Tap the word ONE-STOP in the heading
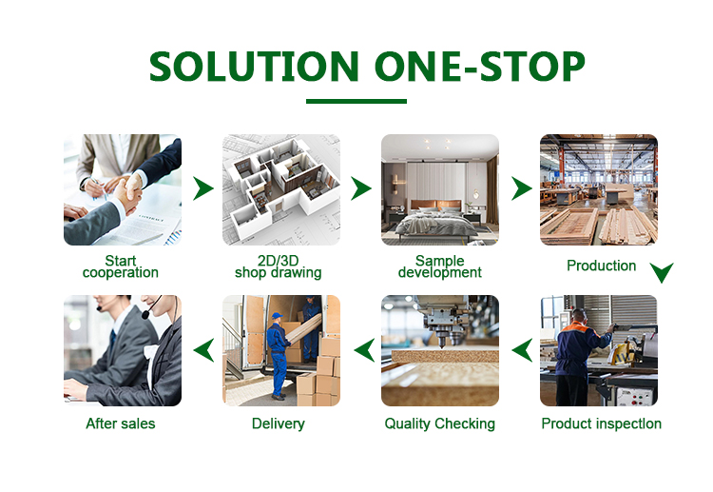pyautogui.click(x=479, y=66)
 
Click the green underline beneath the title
pyautogui.click(x=356, y=101)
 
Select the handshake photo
pyautogui.click(x=122, y=189)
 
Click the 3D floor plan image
pyautogui.click(x=280, y=189)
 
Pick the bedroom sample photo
pyautogui.click(x=439, y=189)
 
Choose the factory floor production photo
pyautogui.click(x=598, y=189)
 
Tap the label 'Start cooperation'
pyautogui.click(x=121, y=266)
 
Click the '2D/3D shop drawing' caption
pyautogui.click(x=279, y=266)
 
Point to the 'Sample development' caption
pyautogui.click(x=439, y=266)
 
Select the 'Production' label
pyautogui.click(x=601, y=266)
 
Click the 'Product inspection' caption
pyautogui.click(x=601, y=423)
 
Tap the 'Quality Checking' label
pyautogui.click(x=439, y=423)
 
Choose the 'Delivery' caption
pyautogui.click(x=279, y=423)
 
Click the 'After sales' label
pyautogui.click(x=121, y=423)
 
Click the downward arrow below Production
pyautogui.click(x=662, y=274)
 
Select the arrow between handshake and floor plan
pyautogui.click(x=202, y=188)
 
